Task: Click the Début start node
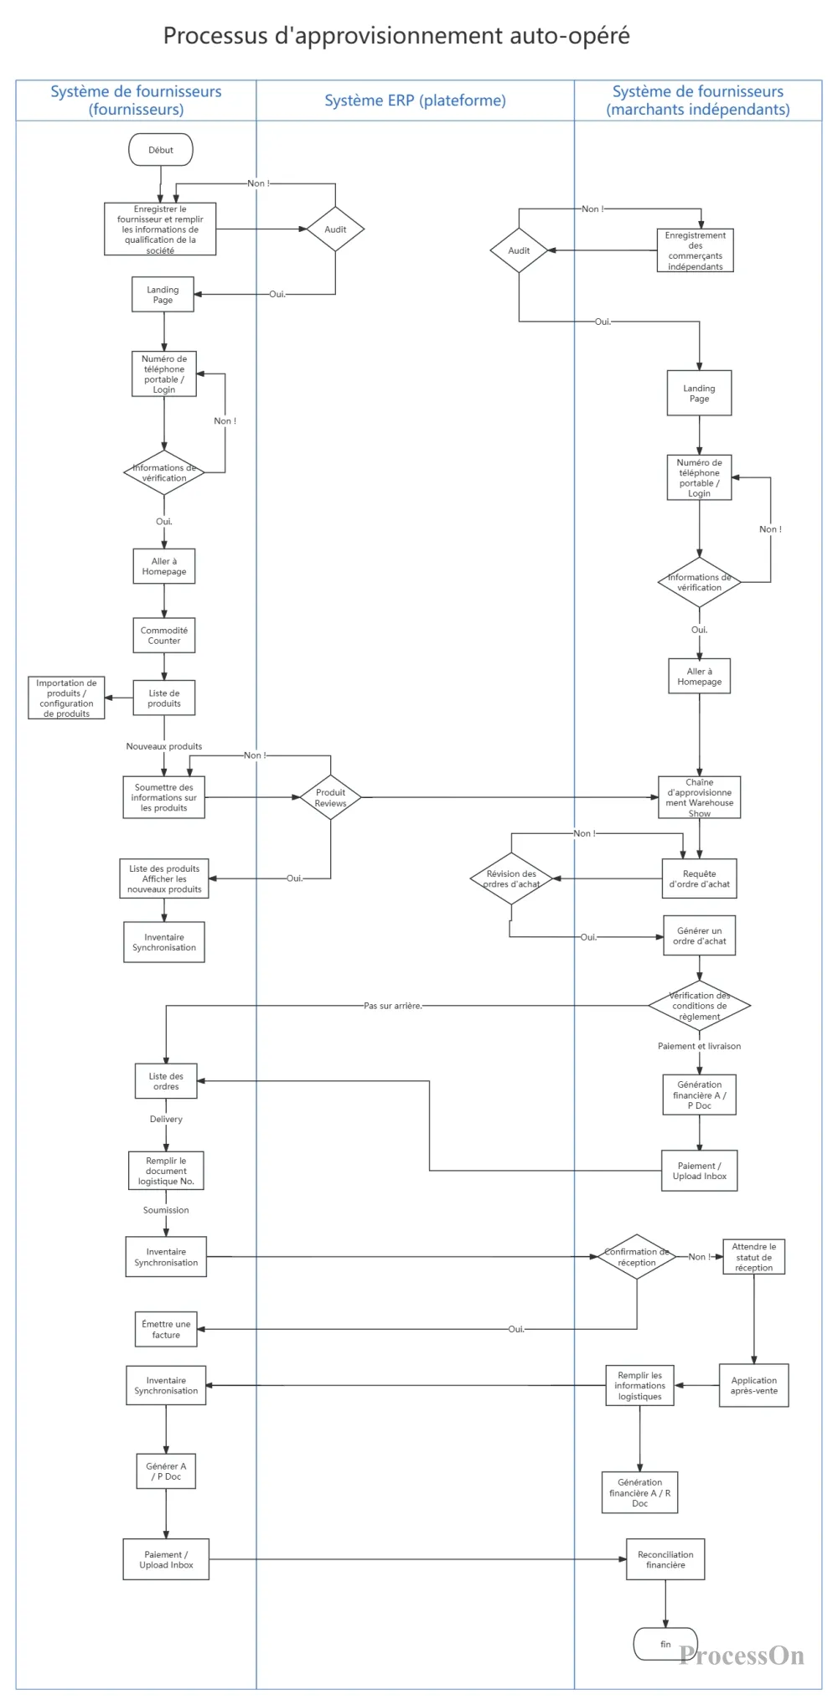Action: coord(161,150)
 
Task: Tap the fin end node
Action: coord(665,1644)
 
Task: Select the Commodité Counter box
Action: coord(164,636)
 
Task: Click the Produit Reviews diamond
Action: coord(331,797)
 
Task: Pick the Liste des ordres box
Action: coord(166,1081)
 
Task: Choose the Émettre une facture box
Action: coord(166,1329)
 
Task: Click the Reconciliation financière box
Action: coord(665,1559)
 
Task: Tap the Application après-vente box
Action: coord(754,1385)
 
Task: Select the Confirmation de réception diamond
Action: coord(637,1257)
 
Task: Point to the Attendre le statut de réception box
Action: coord(754,1257)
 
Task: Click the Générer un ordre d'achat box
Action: coord(700,935)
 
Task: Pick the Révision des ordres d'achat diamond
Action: coord(511,878)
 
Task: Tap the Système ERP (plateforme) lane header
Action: coord(415,100)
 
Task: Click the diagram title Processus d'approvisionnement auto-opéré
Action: coord(396,35)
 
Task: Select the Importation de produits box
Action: coord(67,698)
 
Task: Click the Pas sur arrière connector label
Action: coord(393,1006)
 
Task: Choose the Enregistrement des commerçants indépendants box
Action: coord(696,250)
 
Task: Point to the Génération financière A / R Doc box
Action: coord(639,1492)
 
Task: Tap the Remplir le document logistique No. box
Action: coord(166,1171)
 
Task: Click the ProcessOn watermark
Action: coord(742,1656)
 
